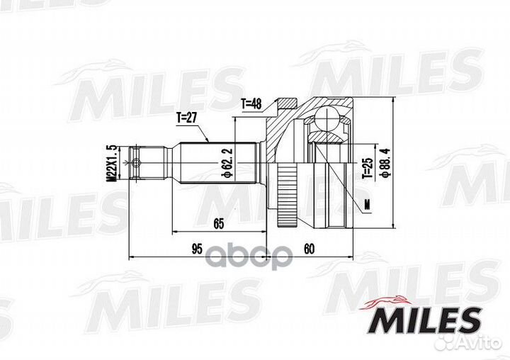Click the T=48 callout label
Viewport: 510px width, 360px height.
pyautogui.click(x=251, y=104)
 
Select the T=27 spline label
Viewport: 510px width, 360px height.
pyautogui.click(x=187, y=118)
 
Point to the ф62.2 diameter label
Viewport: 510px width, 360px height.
pyautogui.click(x=227, y=163)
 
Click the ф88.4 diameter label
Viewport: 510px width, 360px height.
pyautogui.click(x=386, y=162)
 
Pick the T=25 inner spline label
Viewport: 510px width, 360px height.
pyautogui.click(x=367, y=168)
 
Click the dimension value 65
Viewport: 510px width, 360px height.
pyautogui.click(x=219, y=224)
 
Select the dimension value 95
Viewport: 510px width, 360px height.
pyautogui.click(x=197, y=249)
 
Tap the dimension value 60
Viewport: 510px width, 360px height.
pyautogui.click(x=310, y=249)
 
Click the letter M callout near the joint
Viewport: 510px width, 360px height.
pyautogui.click(x=368, y=204)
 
